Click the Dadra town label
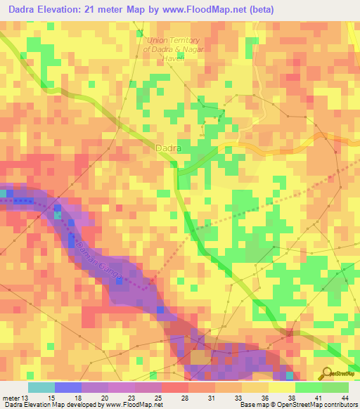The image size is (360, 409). (x=168, y=149)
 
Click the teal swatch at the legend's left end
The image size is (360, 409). (x=41, y=387)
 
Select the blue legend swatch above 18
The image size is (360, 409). (x=68, y=387)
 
